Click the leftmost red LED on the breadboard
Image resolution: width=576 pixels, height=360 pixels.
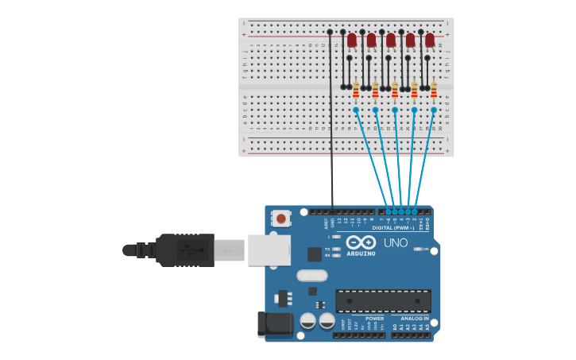point(352,39)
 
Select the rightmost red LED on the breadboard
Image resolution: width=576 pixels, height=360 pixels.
point(430,39)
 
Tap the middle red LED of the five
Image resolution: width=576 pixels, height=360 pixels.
point(391,39)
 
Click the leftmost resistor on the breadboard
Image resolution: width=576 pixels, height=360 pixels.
point(356,90)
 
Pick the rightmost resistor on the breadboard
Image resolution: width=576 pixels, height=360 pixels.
point(434,90)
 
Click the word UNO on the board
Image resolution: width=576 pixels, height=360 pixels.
point(396,242)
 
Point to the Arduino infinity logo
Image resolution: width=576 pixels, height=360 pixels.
point(360,242)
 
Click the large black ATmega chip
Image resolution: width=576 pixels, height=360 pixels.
point(383,300)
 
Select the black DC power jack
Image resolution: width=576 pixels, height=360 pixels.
point(271,324)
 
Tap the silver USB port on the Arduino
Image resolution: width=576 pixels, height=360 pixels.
point(269,250)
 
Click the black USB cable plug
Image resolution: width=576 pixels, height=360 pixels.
point(185,250)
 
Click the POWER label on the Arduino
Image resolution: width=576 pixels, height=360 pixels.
point(374,318)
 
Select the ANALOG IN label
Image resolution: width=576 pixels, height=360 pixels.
point(415,318)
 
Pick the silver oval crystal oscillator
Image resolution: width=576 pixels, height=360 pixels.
point(311,276)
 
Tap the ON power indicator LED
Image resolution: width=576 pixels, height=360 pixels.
point(418,250)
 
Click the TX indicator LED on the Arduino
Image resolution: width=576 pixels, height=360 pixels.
point(337,249)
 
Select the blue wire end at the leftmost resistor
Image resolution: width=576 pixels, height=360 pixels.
point(356,109)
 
